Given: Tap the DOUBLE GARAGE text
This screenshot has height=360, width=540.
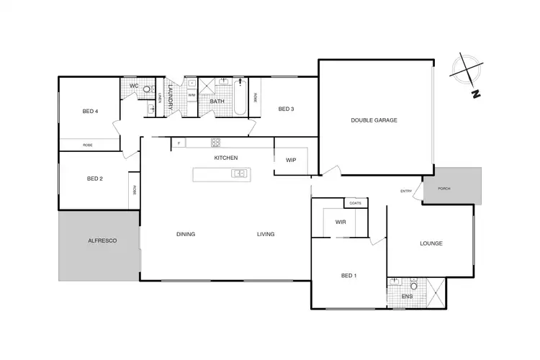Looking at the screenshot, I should tap(374, 120).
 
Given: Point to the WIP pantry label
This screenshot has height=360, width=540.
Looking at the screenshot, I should tap(291, 160).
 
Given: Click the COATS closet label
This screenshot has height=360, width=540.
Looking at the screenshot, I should tap(355, 203).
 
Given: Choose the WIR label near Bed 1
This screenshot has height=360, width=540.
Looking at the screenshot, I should tap(341, 222).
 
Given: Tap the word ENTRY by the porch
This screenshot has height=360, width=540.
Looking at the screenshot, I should tap(406, 191).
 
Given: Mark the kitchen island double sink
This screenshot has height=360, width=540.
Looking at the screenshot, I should tap(240, 173).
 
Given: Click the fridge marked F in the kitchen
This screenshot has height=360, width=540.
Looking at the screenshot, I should tap(178, 143).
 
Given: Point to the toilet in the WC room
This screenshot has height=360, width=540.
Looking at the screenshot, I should tap(147, 91).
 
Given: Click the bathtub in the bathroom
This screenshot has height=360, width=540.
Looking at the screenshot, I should tap(241, 99).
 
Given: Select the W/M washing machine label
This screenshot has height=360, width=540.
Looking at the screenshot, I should tap(192, 95).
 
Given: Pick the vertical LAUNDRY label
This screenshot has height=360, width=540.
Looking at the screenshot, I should tap(171, 97).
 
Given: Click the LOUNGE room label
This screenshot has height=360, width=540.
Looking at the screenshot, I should tap(431, 243).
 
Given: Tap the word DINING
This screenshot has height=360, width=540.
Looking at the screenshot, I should tap(186, 234).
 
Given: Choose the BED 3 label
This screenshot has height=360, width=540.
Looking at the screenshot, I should tap(286, 109).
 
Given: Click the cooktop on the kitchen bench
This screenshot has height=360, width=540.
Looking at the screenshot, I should tap(215, 142).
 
